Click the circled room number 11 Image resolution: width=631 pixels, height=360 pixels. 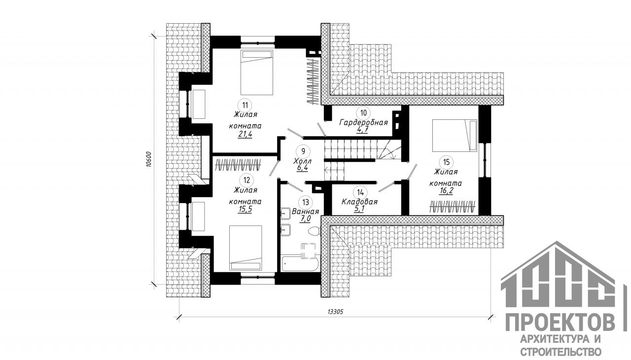click(245, 106)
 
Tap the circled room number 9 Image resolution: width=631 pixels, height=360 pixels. click(303, 151)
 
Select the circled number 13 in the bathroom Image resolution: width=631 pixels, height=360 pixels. click(305, 202)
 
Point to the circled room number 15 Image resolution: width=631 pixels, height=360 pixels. click(446, 162)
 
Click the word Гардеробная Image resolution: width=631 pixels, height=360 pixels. click(364, 122)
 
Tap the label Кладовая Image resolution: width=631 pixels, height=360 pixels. click(359, 202)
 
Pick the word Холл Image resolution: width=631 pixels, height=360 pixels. click(303, 161)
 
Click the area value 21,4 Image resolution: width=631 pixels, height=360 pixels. click(245, 134)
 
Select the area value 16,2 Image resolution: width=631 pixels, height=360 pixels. click(446, 191)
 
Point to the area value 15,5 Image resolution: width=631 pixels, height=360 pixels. click(245, 209)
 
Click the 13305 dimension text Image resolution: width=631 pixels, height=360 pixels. click(336, 312)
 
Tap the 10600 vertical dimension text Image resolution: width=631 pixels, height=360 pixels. click(149, 160)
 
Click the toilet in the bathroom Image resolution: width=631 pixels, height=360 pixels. click(315, 231)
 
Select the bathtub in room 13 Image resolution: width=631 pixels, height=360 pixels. click(300, 263)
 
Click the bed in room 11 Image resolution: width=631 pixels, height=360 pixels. click(257, 72)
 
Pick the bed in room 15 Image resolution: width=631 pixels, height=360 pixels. click(455, 136)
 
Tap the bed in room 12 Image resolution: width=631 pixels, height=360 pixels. click(245, 248)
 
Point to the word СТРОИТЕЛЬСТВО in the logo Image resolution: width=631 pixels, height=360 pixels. click(561, 352)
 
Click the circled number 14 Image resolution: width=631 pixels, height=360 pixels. click(360, 193)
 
